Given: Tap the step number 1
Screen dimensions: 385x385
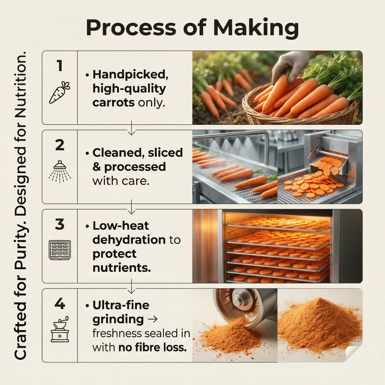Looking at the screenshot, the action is [x=60, y=66].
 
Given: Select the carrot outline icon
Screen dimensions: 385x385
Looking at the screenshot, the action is [x=60, y=92].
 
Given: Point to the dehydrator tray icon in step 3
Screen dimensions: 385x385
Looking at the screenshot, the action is [x=60, y=250].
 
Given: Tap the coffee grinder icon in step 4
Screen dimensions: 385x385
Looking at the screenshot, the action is [x=60, y=329].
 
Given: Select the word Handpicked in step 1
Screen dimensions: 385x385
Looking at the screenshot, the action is [x=130, y=75].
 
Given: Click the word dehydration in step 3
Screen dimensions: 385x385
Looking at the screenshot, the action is [x=129, y=239].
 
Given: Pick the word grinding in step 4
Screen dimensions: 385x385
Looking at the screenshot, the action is [x=118, y=320].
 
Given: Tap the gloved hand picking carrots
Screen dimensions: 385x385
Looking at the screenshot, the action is [x=292, y=66].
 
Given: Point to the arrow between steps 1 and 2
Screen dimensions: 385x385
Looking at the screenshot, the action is [x=132, y=128].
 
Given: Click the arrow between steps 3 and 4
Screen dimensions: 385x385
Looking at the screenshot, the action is [x=132, y=286].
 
